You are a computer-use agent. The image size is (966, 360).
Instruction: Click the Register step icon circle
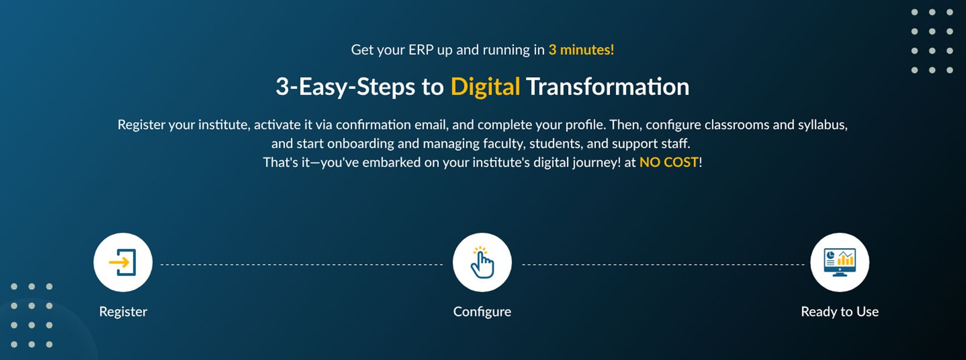coord(123,262)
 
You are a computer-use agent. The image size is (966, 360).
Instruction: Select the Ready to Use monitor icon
coord(840,262)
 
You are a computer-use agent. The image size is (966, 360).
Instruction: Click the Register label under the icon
coord(123,312)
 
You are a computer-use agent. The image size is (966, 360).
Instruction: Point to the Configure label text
coord(482,312)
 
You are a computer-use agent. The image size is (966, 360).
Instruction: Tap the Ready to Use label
coord(840,312)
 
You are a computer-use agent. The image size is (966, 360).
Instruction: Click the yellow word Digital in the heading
coord(485,87)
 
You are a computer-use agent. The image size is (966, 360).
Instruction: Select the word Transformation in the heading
coord(607,87)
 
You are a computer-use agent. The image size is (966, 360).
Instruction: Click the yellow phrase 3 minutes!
coord(581,50)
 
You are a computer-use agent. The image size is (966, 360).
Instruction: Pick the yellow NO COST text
coord(668,162)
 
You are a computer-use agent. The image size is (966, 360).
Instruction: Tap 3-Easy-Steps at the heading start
coord(345,87)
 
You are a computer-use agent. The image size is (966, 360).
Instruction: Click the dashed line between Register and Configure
coord(302,265)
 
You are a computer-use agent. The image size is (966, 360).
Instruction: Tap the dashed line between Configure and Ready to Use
coord(664,265)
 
